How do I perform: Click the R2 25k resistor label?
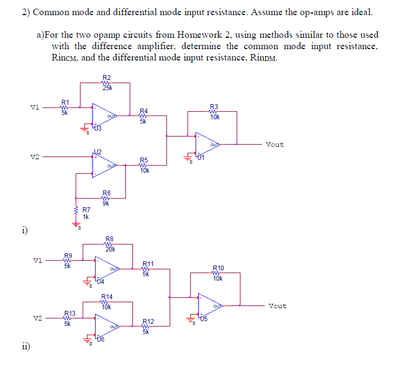tap(106, 83)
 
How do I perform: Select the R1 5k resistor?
tap(64, 107)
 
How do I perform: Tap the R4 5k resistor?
tap(143, 115)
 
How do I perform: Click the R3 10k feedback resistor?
tap(214, 111)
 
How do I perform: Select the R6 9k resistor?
tap(106, 198)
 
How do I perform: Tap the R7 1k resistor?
tap(76, 213)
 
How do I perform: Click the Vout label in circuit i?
tap(275, 145)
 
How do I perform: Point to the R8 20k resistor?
tap(109, 243)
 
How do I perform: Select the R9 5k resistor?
tap(67, 260)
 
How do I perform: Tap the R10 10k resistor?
tap(217, 273)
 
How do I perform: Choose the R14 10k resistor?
tap(106, 302)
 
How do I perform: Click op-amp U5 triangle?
tap(210, 305)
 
